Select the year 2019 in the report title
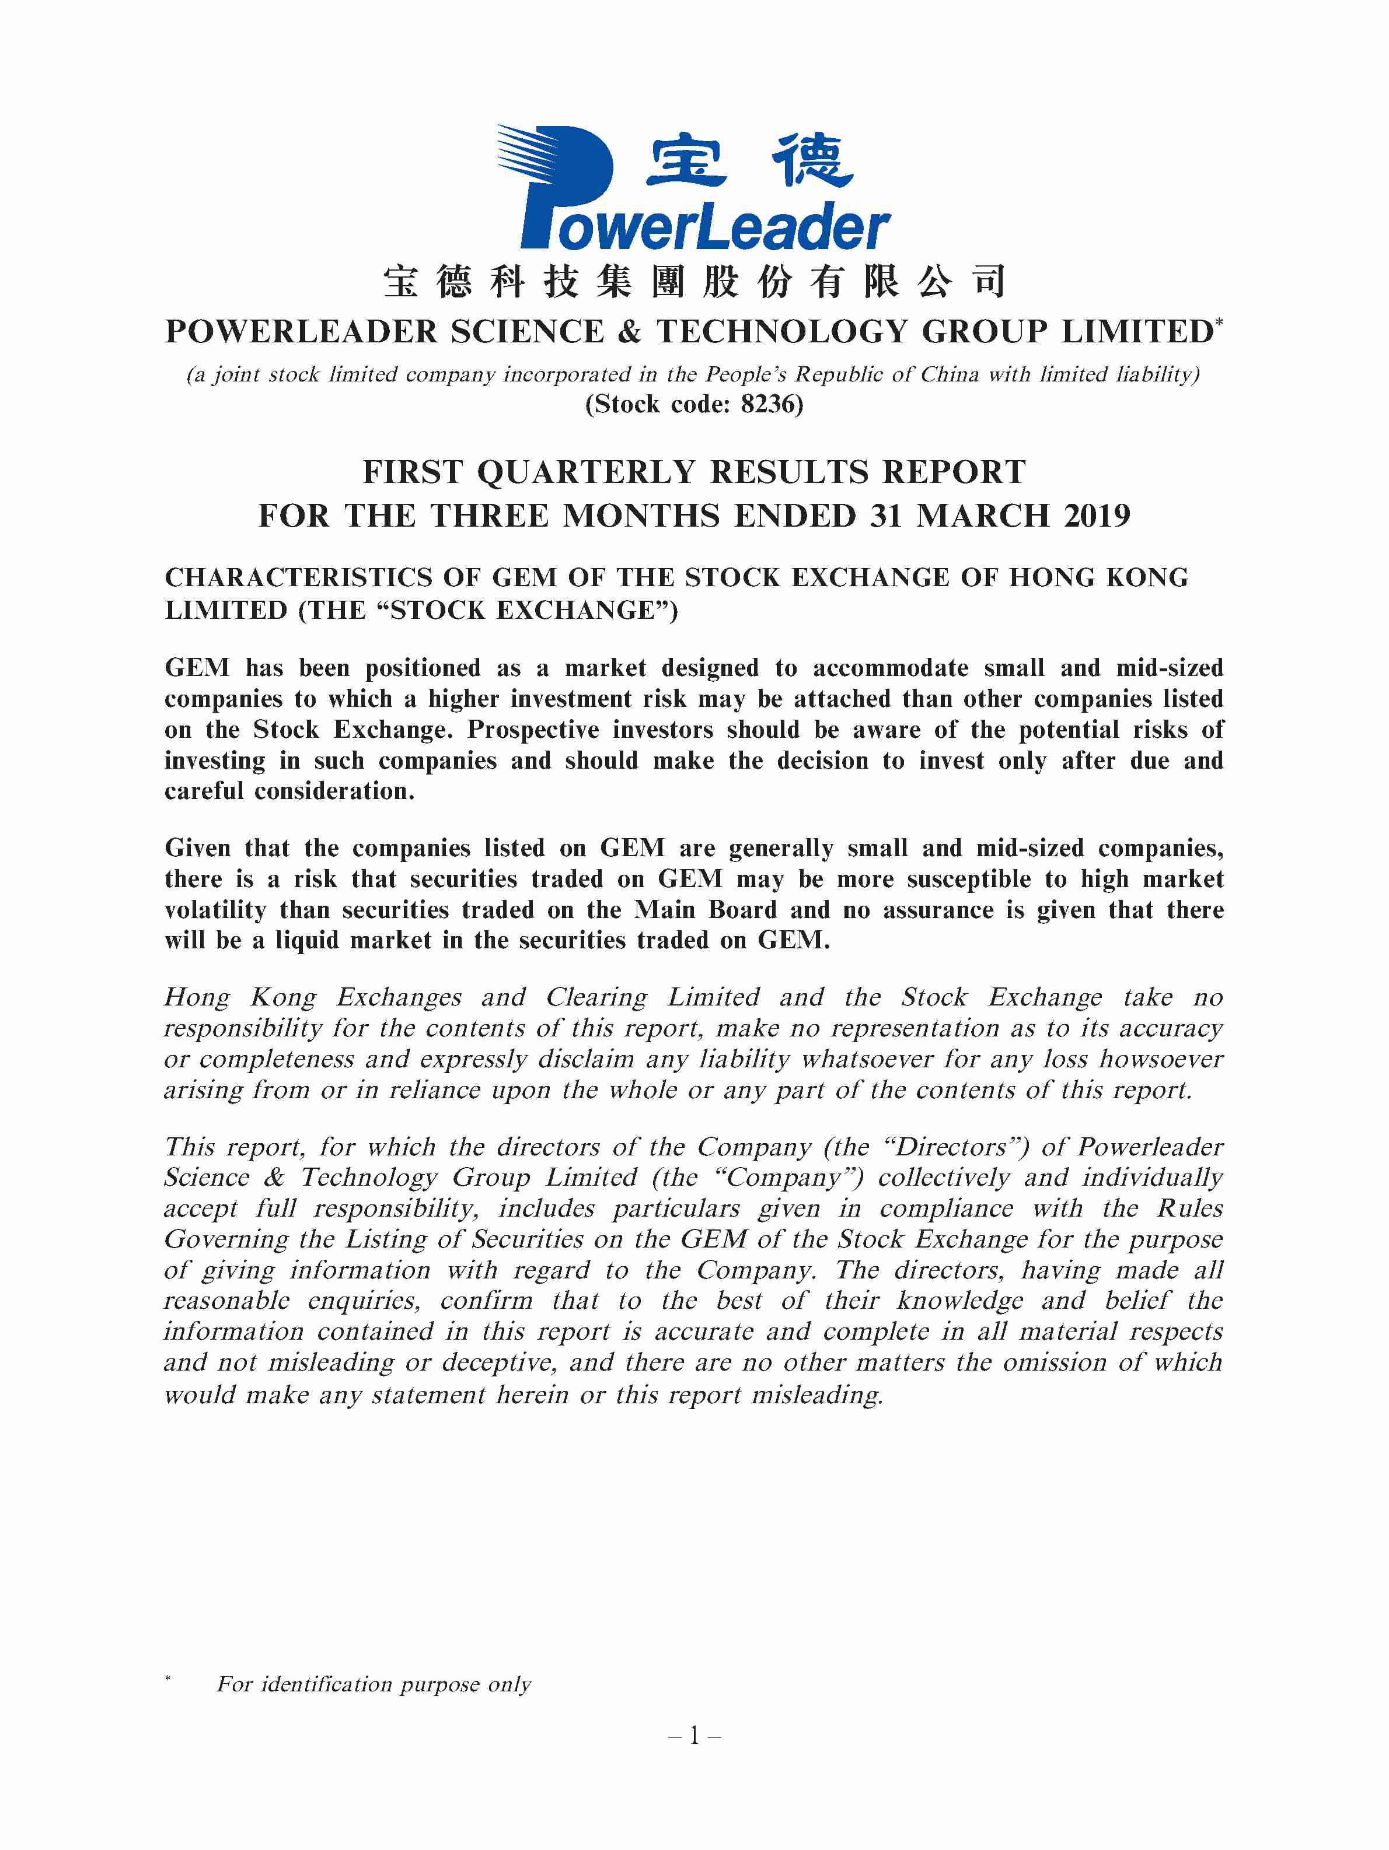click(x=1096, y=516)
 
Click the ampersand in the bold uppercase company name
click(x=629, y=332)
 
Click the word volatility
click(x=215, y=910)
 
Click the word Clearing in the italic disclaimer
click(x=596, y=998)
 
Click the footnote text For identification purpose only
click(x=373, y=1684)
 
